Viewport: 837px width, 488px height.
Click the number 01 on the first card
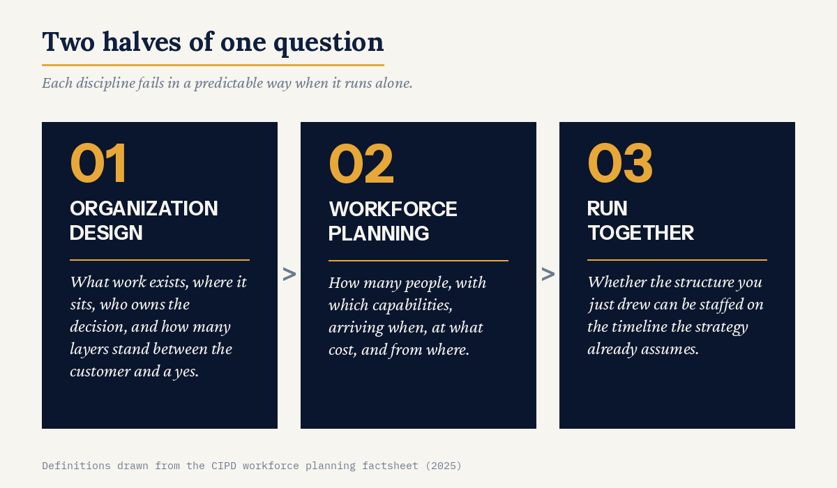[x=98, y=163]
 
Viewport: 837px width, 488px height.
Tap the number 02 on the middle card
[x=361, y=164]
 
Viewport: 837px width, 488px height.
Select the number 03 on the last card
[x=620, y=163]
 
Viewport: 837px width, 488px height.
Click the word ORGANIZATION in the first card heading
[x=144, y=208]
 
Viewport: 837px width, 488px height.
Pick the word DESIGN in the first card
[x=106, y=233]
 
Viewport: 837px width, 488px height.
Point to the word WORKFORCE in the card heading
[x=393, y=209]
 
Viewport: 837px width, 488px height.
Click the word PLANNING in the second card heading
[x=379, y=234]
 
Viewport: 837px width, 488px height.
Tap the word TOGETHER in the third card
[x=641, y=233]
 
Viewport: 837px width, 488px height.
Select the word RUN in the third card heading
[x=608, y=208]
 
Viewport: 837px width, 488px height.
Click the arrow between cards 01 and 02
[x=289, y=275]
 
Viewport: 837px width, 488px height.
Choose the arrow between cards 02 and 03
[x=548, y=275]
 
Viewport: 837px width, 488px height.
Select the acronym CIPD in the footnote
[x=224, y=466]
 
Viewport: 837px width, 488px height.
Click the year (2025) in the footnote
[x=444, y=466]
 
